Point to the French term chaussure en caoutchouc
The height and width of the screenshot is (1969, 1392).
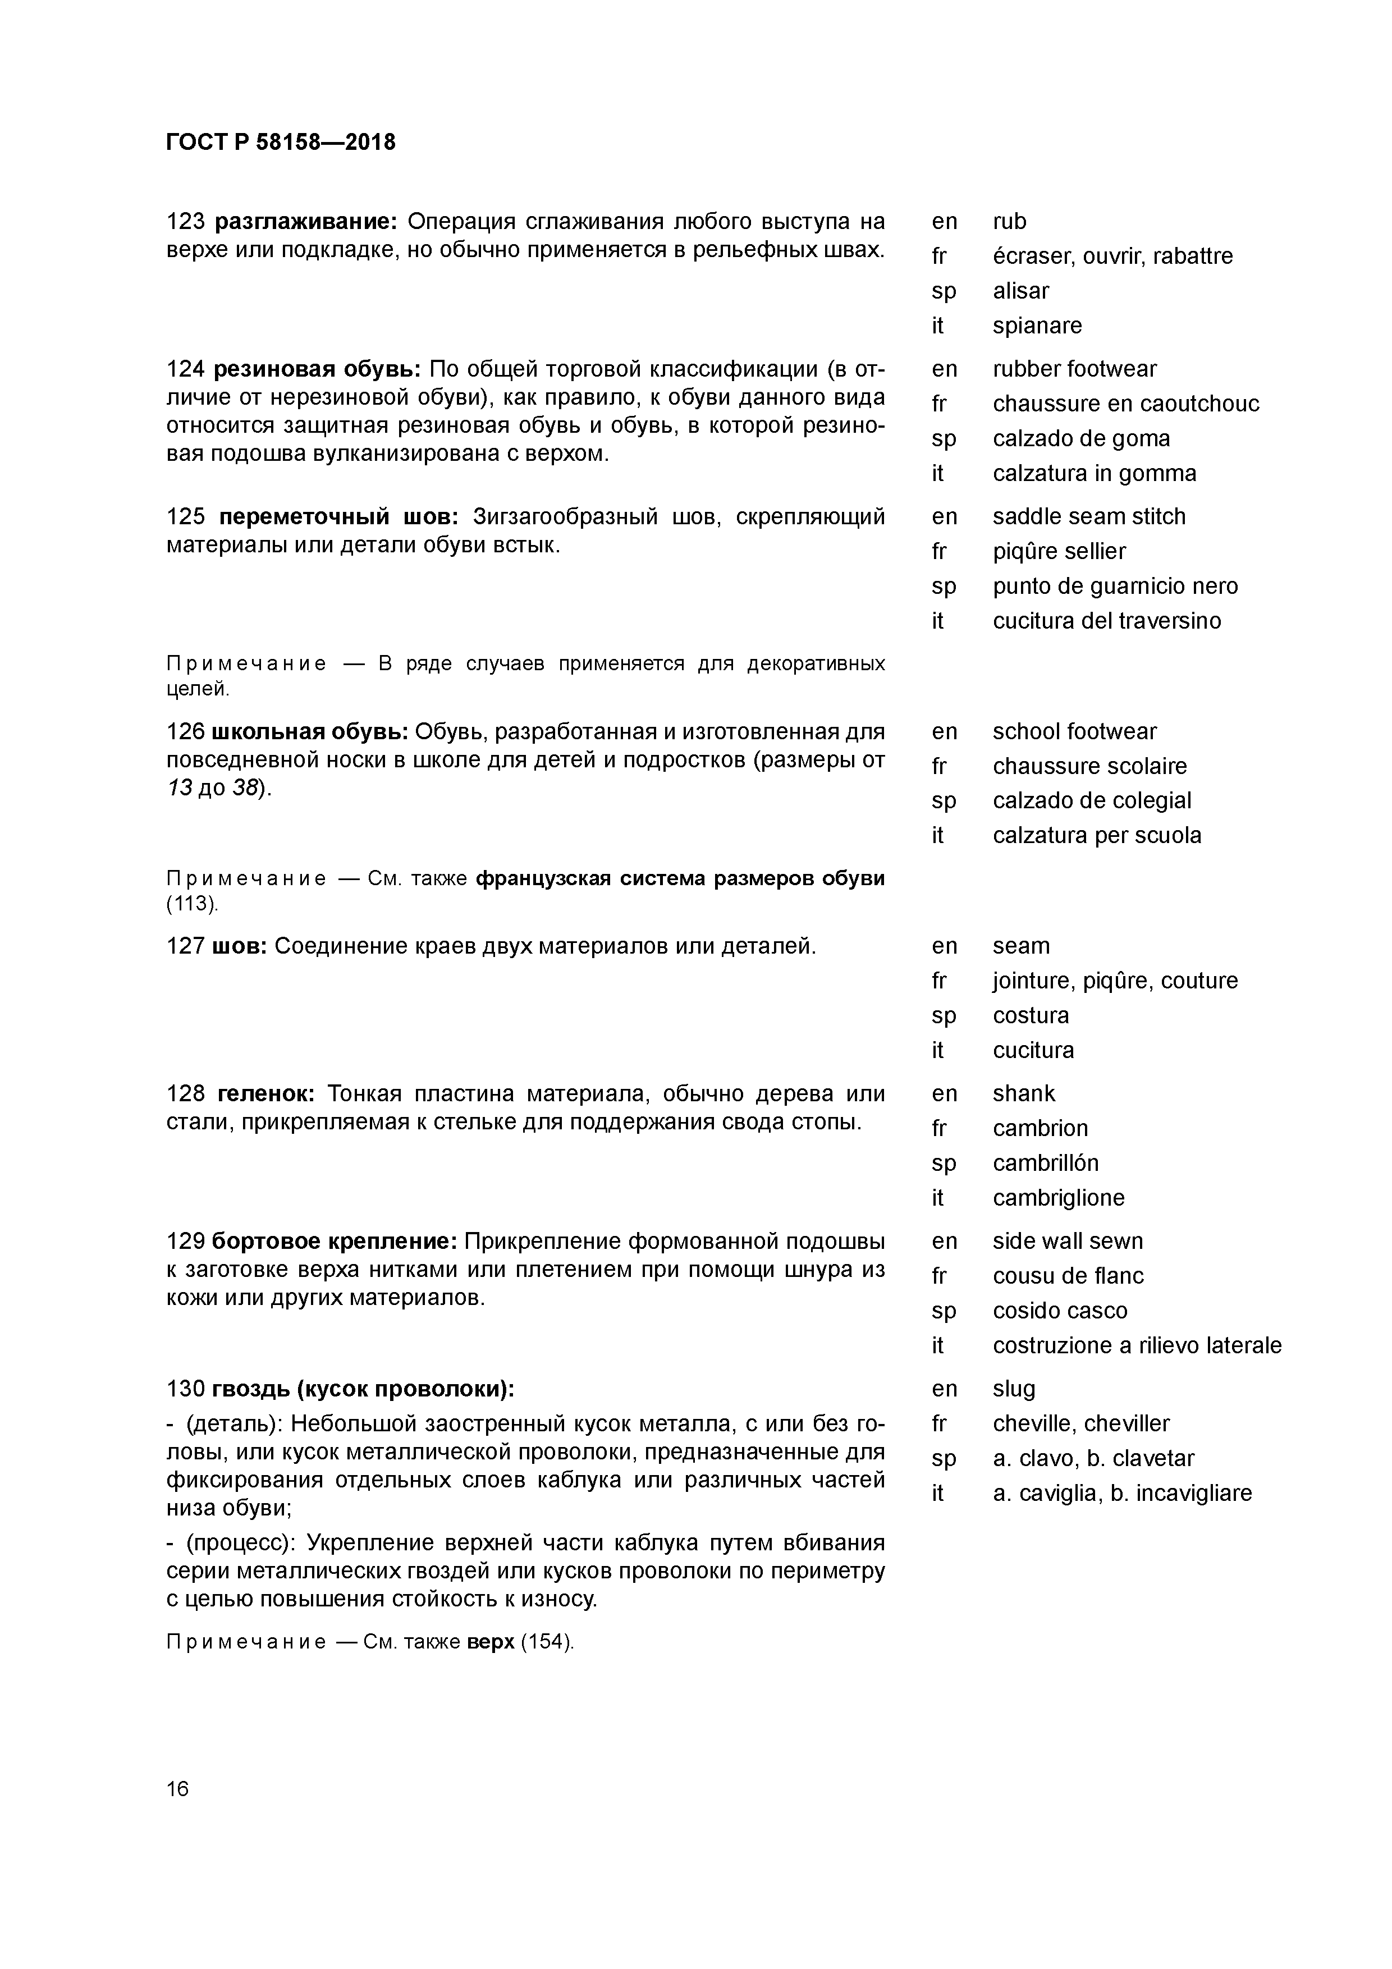click(1125, 404)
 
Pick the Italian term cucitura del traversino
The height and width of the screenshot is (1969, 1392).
click(1106, 621)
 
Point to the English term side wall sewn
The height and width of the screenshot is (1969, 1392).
click(1067, 1242)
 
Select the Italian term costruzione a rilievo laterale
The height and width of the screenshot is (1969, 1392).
click(1137, 1345)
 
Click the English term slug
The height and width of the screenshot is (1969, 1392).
click(1014, 1389)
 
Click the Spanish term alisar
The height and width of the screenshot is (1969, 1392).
click(1020, 291)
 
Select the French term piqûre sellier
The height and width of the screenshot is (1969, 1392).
click(1059, 551)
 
